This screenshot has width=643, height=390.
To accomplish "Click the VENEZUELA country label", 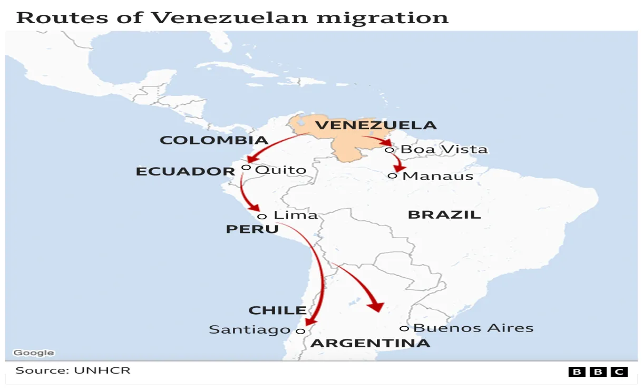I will coord(376,125).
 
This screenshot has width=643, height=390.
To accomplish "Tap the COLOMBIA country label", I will coord(214,140).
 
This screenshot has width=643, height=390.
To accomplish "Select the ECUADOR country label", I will coord(186,171).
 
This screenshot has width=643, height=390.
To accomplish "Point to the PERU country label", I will coord(252,229).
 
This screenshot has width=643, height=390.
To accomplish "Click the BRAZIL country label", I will coord(444,214).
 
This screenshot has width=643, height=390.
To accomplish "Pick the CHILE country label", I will coord(277,310).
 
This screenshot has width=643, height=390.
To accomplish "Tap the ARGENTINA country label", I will coord(371,344).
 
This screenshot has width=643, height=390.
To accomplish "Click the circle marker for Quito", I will coord(246,167).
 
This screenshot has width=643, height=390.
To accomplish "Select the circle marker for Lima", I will coord(262,216).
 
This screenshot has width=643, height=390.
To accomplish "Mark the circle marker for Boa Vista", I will coord(389,150).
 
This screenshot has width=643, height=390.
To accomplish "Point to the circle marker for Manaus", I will coord(392,175).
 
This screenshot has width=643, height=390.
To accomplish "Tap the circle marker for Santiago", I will coord(300,331).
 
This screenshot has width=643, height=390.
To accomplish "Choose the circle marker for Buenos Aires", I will coord(404,328).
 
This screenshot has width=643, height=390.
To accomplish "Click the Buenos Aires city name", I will coord(473,328).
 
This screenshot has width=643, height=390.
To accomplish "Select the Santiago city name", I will coord(250,330).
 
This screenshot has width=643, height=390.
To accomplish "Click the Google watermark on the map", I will coord(34,353).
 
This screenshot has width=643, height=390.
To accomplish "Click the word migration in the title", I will coord(382,17).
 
